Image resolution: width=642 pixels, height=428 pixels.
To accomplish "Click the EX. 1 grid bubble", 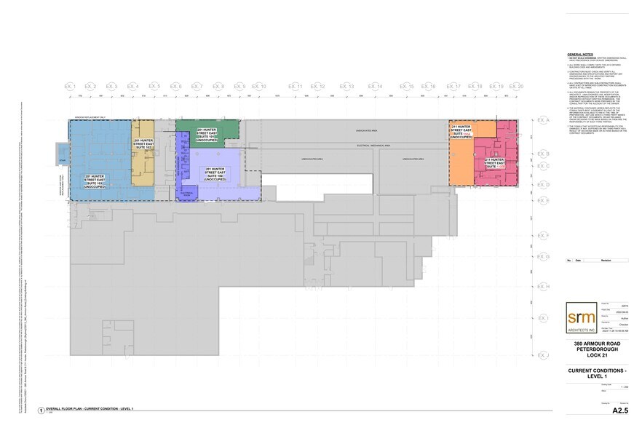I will point(70,87).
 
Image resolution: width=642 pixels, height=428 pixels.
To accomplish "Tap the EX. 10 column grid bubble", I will point(259,87).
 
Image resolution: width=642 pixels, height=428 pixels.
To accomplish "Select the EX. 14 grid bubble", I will point(375,87).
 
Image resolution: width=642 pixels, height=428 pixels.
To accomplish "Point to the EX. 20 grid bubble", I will point(517,87).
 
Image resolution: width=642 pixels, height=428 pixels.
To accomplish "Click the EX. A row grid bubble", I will point(542,119).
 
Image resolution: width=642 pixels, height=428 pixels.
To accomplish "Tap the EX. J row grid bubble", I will point(542,354).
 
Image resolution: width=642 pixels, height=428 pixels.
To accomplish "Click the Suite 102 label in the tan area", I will point(141,146).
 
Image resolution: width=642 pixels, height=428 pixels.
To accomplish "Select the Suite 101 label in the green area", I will point(209,135).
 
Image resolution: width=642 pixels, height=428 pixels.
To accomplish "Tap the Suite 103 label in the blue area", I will point(98,183).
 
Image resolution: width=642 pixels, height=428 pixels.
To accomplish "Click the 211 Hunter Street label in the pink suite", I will point(496,163).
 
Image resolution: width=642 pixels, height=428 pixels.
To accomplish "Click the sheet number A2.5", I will point(620,411).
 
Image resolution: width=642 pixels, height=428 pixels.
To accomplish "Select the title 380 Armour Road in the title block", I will point(596,344).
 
